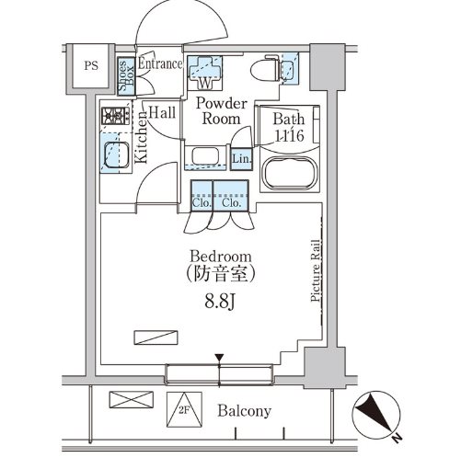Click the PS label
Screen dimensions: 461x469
coord(91,66)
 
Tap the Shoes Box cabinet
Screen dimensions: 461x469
coord(126,76)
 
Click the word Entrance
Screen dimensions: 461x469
coord(160,63)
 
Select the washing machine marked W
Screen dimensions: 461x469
coord(204,73)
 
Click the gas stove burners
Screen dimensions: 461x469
coord(116,116)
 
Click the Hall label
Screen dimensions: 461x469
coord(162,112)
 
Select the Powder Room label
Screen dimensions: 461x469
coord(222,111)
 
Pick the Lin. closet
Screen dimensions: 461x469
coord(242,159)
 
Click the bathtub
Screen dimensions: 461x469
coord(289,174)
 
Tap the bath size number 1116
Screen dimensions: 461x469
coord(290,135)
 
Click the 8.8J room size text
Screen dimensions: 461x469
coord(220,302)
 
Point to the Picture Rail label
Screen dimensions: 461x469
coord(316,270)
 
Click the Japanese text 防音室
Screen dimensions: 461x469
coord(221,273)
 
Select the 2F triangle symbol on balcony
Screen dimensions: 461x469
coord(184,409)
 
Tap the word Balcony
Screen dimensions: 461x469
coord(245,411)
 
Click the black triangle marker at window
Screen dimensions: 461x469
coord(219,358)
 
